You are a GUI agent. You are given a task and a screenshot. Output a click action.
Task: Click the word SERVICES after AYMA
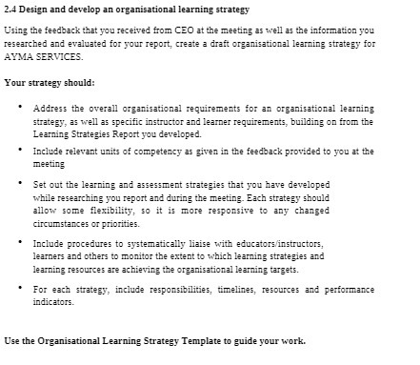coord(62,57)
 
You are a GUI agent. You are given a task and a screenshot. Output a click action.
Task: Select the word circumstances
coord(70,223)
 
